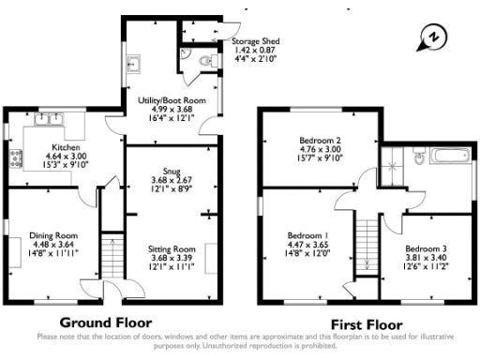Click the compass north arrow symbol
click(x=432, y=37)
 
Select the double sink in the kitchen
click(x=48, y=119)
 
